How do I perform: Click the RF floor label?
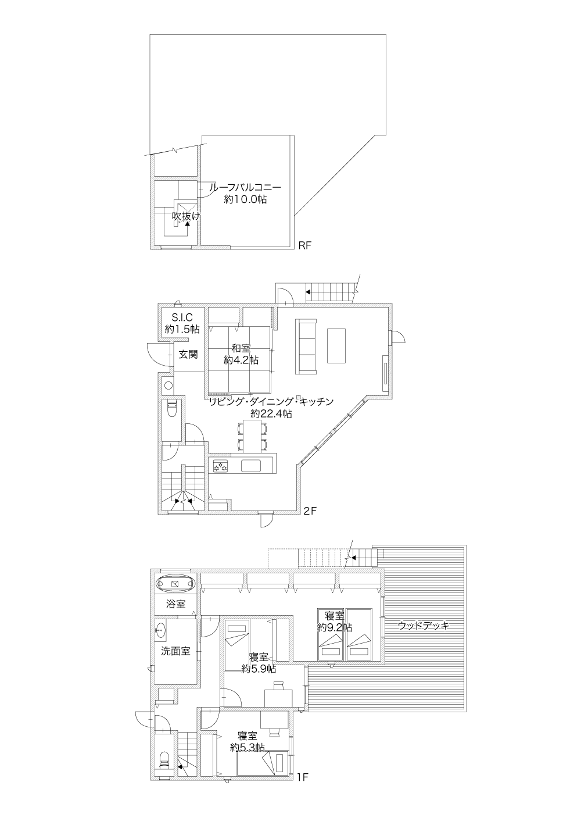(304, 245)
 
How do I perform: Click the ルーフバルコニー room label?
(245, 187)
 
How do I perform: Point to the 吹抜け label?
(186, 216)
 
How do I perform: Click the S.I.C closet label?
(182, 317)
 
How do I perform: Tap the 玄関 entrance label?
(188, 354)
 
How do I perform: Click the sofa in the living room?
(306, 347)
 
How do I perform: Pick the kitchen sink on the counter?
(251, 466)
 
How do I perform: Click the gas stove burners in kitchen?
(221, 466)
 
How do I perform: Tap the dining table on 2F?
(253, 436)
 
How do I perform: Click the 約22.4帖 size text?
(271, 413)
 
